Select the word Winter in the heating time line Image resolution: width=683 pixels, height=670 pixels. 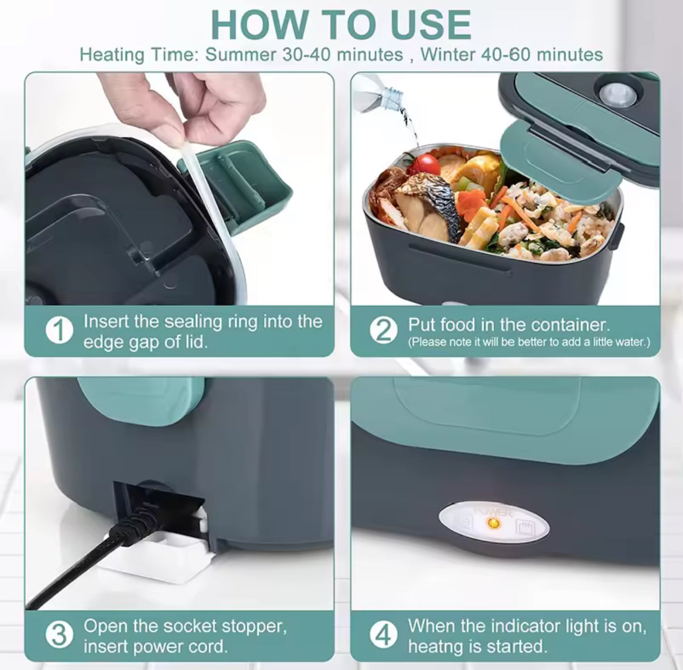(x=448, y=55)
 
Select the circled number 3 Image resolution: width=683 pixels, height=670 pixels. (x=60, y=635)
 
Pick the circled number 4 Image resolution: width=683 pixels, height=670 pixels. (x=383, y=635)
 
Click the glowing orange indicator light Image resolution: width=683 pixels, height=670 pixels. (x=493, y=523)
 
